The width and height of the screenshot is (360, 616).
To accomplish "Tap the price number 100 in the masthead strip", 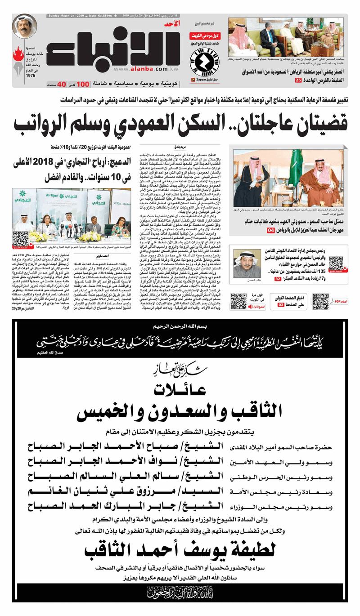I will [x=82, y=84].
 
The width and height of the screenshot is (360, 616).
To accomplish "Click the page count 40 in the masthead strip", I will [x=61, y=84].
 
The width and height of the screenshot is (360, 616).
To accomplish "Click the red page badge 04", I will [x=271, y=231].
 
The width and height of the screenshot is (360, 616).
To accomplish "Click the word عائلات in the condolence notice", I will [x=180, y=389].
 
